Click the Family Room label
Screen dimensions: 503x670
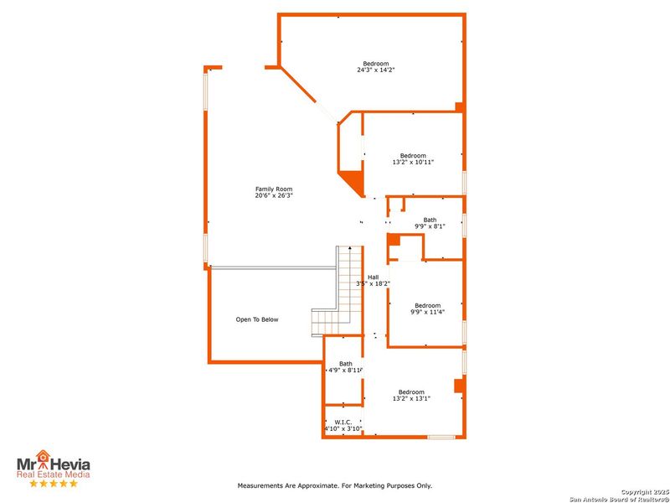(274, 189)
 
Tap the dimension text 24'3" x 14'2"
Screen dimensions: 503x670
(375, 70)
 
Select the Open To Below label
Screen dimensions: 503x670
(257, 319)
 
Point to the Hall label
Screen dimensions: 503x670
(374, 277)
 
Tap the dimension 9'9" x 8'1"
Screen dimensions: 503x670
(430, 226)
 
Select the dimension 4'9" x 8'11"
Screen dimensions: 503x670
(346, 370)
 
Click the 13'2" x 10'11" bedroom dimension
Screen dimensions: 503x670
(413, 162)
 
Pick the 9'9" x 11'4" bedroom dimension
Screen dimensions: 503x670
(427, 312)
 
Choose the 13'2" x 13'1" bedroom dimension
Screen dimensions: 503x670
(411, 399)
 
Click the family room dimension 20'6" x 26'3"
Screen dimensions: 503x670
(274, 195)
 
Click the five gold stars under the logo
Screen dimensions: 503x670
(54, 484)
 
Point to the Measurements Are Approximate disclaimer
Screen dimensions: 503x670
(335, 485)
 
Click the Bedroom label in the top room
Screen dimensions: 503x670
(375, 64)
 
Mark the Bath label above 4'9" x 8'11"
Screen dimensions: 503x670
(346, 363)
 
